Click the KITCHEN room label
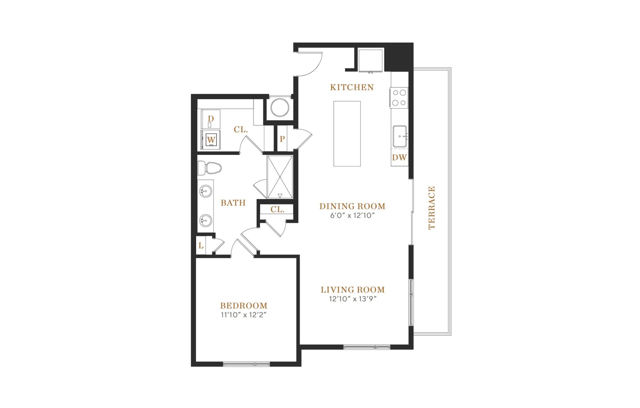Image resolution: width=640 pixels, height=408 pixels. pyautogui.click(x=352, y=87)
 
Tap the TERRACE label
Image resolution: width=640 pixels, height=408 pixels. pyautogui.click(x=432, y=208)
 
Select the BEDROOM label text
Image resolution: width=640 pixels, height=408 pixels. pyautogui.click(x=244, y=306)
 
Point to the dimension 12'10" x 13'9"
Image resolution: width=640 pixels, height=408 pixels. pyautogui.click(x=352, y=299)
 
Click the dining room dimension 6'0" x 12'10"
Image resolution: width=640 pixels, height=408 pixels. pyautogui.click(x=352, y=216)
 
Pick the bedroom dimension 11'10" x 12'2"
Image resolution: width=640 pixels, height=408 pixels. pyautogui.click(x=244, y=315)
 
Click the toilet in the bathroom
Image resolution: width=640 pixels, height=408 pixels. pyautogui.click(x=210, y=168)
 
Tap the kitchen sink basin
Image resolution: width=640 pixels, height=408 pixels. pyautogui.click(x=400, y=136)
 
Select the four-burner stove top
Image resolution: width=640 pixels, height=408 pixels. pyautogui.click(x=399, y=98)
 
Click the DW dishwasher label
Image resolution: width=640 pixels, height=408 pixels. pyautogui.click(x=399, y=158)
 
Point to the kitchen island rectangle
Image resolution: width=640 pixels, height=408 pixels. pyautogui.click(x=347, y=134)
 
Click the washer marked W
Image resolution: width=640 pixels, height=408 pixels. pyautogui.click(x=211, y=140)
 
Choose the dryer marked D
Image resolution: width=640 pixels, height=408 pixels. pyautogui.click(x=211, y=119)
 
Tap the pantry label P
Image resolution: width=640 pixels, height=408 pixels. pyautogui.click(x=282, y=139)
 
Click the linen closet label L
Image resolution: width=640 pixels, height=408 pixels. pyautogui.click(x=201, y=246)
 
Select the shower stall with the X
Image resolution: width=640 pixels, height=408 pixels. pyautogui.click(x=280, y=177)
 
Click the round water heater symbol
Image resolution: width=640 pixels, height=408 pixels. pyautogui.click(x=280, y=108)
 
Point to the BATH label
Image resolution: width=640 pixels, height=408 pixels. pyautogui.click(x=233, y=203)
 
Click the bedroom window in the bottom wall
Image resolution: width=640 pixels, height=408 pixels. pyautogui.click(x=246, y=364)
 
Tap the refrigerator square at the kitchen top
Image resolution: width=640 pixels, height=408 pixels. pyautogui.click(x=370, y=60)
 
